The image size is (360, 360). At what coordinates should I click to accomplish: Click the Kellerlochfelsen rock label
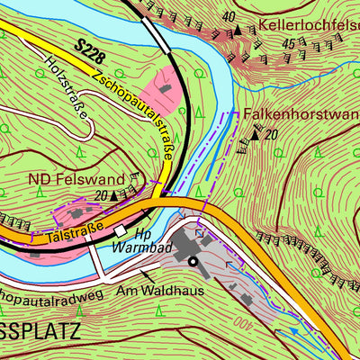[308, 24]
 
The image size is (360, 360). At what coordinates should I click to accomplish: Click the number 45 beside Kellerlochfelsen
[289, 42]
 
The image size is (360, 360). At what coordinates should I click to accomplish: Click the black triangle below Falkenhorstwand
[255, 136]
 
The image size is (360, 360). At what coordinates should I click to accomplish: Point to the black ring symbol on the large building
[192, 261]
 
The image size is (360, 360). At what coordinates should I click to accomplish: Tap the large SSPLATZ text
[40, 331]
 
